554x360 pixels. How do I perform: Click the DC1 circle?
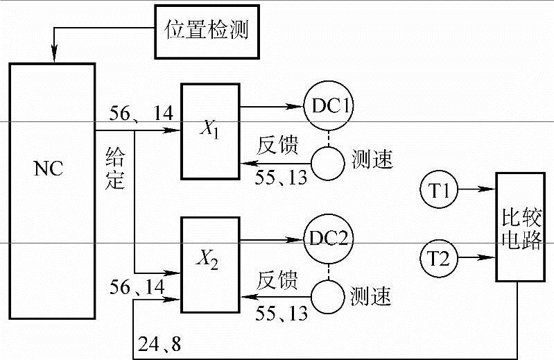(329, 108)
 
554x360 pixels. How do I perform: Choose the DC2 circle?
(329, 240)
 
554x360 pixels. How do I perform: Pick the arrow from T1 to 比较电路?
(478, 189)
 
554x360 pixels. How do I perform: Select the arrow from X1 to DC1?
(270, 108)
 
